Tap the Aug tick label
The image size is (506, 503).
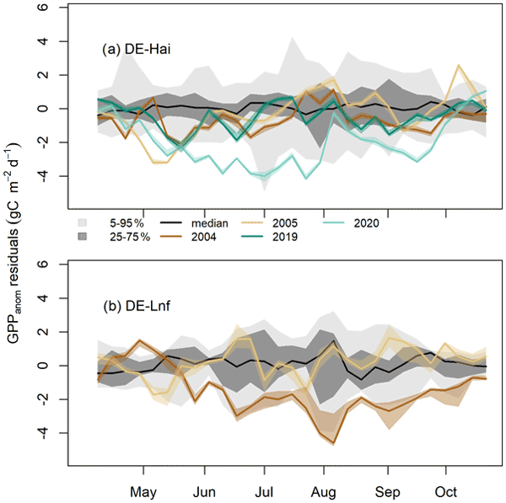point(325,490)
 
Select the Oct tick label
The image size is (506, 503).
point(445,490)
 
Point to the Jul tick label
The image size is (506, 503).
point(265,490)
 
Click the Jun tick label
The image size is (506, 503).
point(204,490)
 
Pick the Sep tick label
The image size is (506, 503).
point(387,490)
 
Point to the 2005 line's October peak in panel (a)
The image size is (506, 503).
point(459,65)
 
